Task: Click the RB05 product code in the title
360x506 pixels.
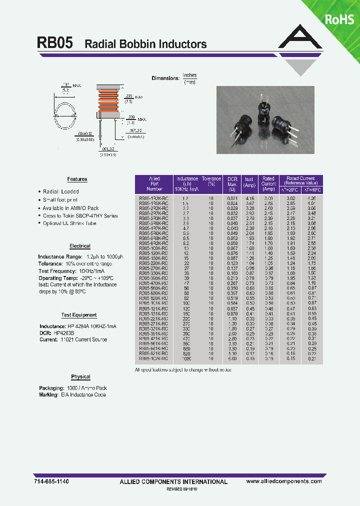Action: [55, 43]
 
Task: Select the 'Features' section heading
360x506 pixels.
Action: [77, 179]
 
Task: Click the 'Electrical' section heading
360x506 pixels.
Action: [80, 246]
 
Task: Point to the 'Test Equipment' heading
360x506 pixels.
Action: [79, 315]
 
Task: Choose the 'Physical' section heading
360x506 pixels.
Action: [80, 377]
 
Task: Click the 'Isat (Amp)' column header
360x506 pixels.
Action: [248, 182]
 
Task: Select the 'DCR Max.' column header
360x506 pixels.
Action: [232, 183]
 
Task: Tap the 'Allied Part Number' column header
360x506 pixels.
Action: [154, 183]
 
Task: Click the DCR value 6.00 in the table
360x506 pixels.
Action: [232, 358]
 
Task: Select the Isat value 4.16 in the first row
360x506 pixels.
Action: [249, 198]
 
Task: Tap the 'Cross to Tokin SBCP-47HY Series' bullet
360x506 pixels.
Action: [80, 215]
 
